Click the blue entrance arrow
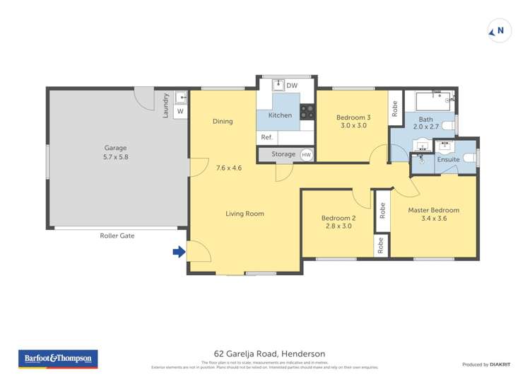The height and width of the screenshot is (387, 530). tap(179, 251)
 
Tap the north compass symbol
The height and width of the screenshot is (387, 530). tap(499, 30)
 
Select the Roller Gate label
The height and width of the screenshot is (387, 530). tap(117, 236)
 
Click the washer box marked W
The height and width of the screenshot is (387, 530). tap(179, 111)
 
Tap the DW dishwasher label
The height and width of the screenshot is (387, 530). tap(292, 86)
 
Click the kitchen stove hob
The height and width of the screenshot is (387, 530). tap(307, 111)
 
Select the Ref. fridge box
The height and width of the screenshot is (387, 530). tap(267, 137)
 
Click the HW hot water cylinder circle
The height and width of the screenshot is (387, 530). tap(306, 154)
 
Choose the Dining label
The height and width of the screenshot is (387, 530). tap(223, 121)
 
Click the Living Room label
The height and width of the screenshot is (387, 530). tap(245, 213)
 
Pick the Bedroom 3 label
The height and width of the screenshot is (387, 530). tap(353, 122)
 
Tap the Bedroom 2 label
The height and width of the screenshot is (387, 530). tap(338, 222)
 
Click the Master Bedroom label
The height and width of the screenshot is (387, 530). tap(433, 214)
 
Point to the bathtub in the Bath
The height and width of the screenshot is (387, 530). tap(431, 100)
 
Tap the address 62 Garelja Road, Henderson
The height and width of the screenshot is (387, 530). tap(265, 353)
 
